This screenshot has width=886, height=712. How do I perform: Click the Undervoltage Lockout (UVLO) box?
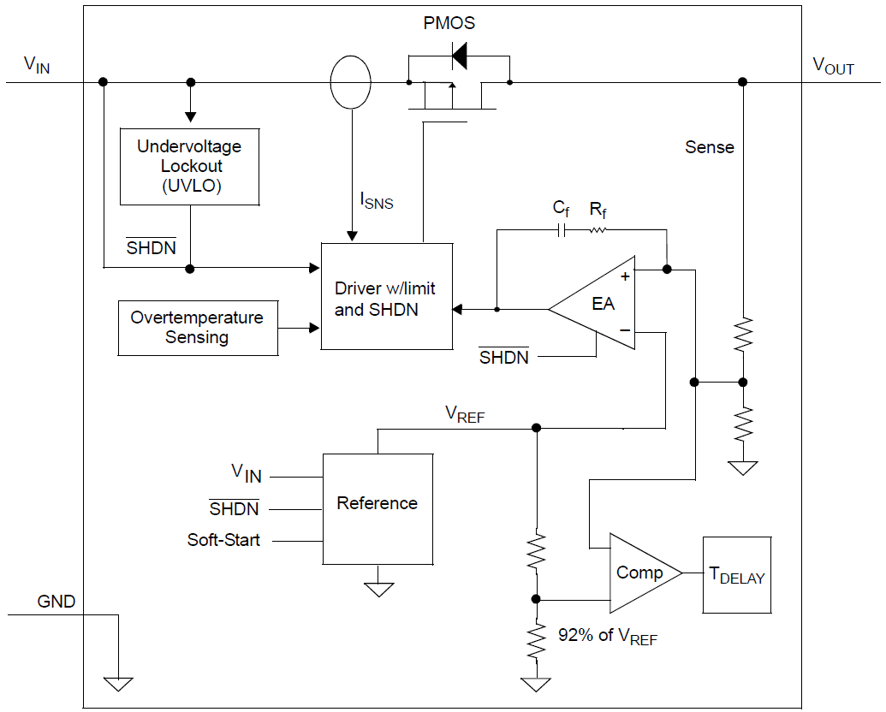[x=189, y=167]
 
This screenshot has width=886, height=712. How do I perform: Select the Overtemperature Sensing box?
[x=198, y=328]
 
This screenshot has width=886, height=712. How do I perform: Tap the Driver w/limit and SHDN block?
[x=386, y=296]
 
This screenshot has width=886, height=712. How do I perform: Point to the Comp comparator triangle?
[x=640, y=573]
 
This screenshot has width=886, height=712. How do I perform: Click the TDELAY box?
[x=736, y=575]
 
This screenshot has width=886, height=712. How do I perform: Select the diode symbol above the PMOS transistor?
[x=460, y=57]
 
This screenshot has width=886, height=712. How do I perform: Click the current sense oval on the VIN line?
[x=351, y=83]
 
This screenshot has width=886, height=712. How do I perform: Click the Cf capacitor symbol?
[x=562, y=230]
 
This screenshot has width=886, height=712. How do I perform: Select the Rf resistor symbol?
[x=597, y=230]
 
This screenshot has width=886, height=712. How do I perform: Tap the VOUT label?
[x=832, y=66]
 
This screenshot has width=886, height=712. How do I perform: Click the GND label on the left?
[x=56, y=602]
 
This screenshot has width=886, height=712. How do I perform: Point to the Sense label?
[x=710, y=147]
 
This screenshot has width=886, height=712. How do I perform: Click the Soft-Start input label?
[x=223, y=540]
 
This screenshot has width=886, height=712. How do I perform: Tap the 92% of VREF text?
[x=608, y=636]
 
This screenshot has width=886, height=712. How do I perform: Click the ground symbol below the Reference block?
[x=378, y=590]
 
